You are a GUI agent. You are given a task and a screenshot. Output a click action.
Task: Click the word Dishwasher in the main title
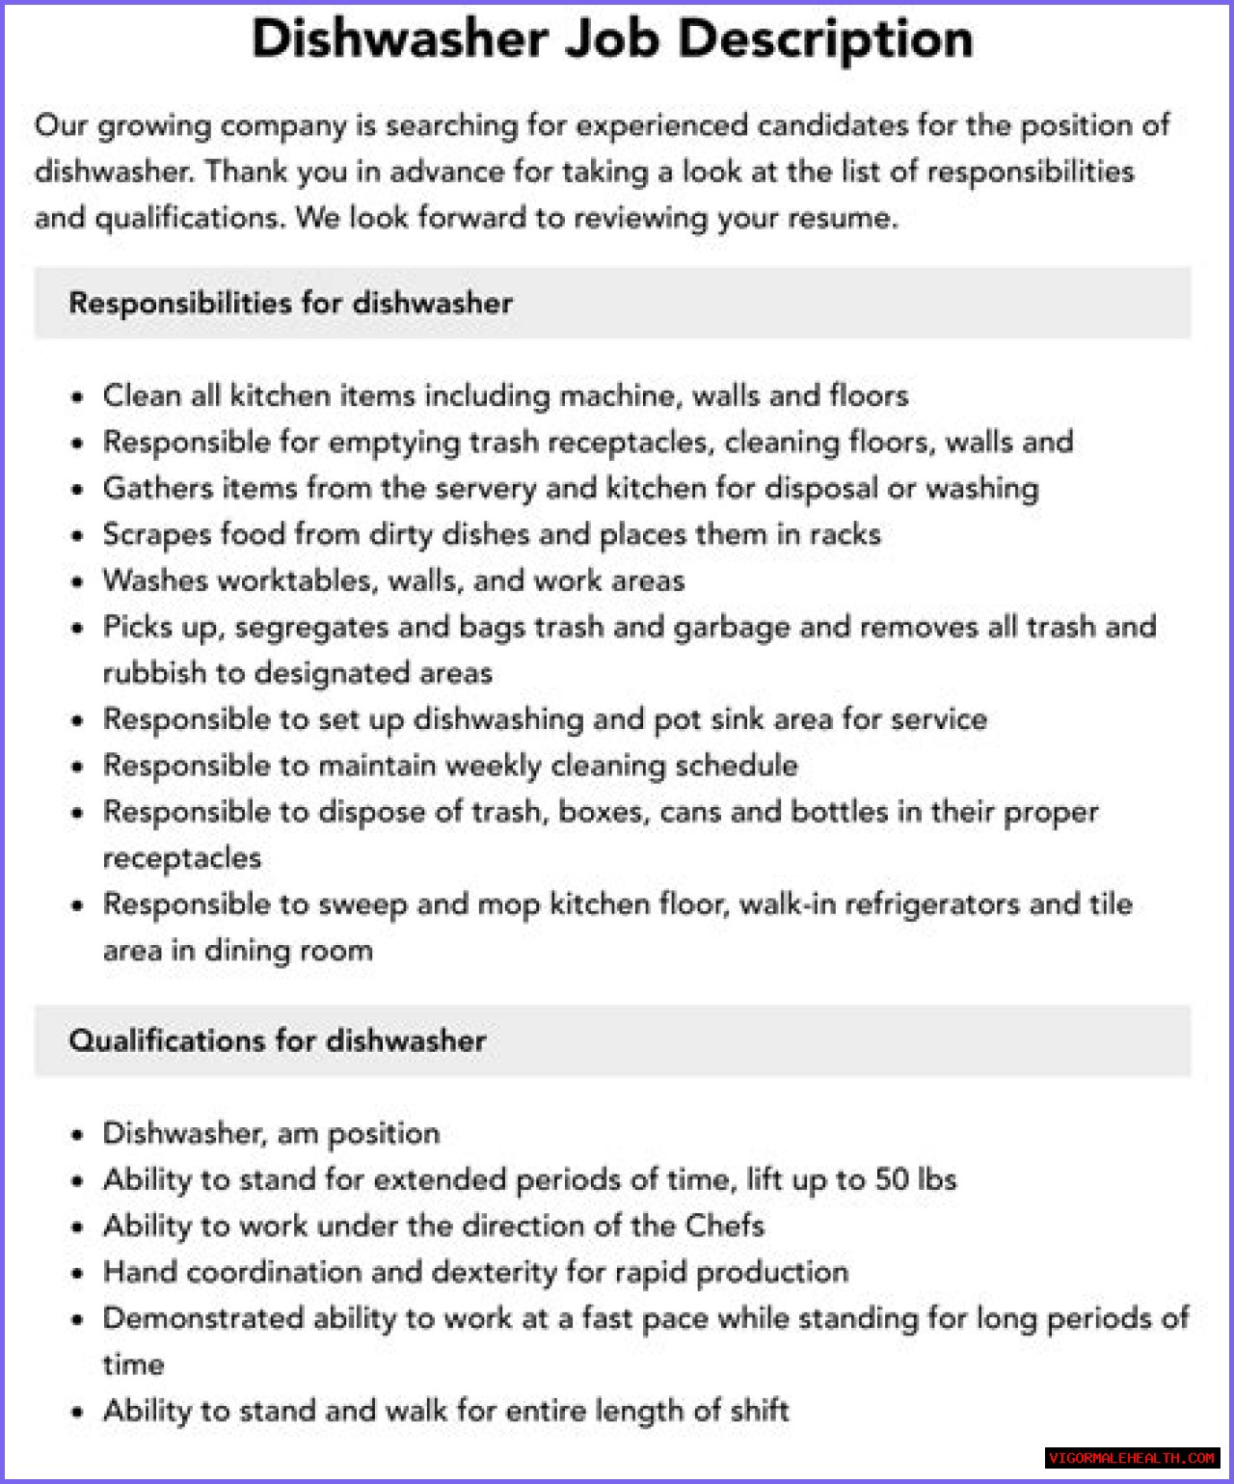pos(400,40)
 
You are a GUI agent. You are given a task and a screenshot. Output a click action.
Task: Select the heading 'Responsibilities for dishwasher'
pos(290,303)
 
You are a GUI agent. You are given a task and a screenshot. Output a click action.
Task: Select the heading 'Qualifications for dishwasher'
pos(278,1040)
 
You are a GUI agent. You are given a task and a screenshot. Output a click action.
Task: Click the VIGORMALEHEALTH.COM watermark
pos(1132,1458)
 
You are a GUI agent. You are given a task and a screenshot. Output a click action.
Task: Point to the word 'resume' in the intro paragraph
pos(841,218)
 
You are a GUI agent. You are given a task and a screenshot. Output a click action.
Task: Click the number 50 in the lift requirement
pos(893,1179)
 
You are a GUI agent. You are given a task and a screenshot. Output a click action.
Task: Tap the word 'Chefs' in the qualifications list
pos(724,1226)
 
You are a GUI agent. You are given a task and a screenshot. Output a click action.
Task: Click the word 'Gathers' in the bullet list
pos(157,488)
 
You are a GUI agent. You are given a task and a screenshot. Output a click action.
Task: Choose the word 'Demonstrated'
pos(202,1318)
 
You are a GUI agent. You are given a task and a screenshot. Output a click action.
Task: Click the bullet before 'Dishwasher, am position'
pos(78,1135)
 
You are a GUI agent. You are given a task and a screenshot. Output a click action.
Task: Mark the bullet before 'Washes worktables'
pos(78,582)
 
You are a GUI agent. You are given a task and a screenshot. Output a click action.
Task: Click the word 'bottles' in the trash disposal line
pos(839,812)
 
